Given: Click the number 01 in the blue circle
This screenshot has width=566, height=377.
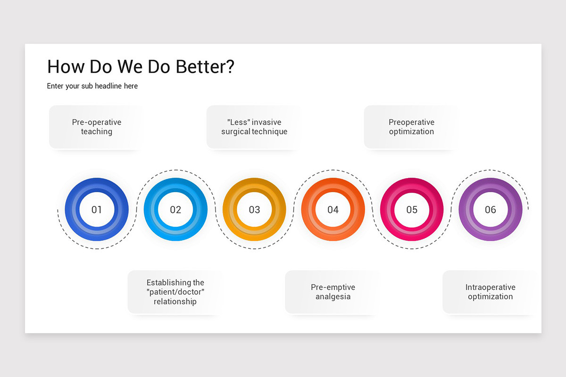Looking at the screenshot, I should [x=97, y=210].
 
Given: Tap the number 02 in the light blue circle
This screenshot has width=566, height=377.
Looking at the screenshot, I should [x=175, y=210].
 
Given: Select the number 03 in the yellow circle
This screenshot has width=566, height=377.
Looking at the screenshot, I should [x=254, y=210].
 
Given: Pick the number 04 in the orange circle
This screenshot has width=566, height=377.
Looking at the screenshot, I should [x=333, y=210].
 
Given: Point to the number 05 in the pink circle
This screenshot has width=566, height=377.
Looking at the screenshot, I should [x=412, y=210].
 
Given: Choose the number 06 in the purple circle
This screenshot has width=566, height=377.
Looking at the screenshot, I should [x=491, y=210].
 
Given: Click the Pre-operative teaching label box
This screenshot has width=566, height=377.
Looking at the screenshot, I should [x=97, y=127].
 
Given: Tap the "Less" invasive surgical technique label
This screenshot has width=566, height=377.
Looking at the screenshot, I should [x=254, y=127].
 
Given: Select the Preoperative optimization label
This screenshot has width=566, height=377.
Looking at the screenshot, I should [x=411, y=127].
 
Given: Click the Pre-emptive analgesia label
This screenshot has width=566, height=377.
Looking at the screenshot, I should [x=333, y=292].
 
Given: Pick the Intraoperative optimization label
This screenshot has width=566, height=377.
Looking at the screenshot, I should [x=490, y=292].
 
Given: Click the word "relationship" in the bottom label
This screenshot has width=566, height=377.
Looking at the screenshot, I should [x=175, y=302].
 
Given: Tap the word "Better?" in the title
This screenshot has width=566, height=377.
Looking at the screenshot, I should [x=205, y=67].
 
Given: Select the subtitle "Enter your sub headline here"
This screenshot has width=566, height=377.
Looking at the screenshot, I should [x=92, y=86].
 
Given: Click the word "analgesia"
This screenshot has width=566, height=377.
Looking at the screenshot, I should [x=333, y=297].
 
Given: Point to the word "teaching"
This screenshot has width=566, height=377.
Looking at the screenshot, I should [x=97, y=132].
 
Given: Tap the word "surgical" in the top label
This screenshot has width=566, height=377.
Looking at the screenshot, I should [x=235, y=132].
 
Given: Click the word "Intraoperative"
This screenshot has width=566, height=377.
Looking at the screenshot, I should [x=490, y=287].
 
